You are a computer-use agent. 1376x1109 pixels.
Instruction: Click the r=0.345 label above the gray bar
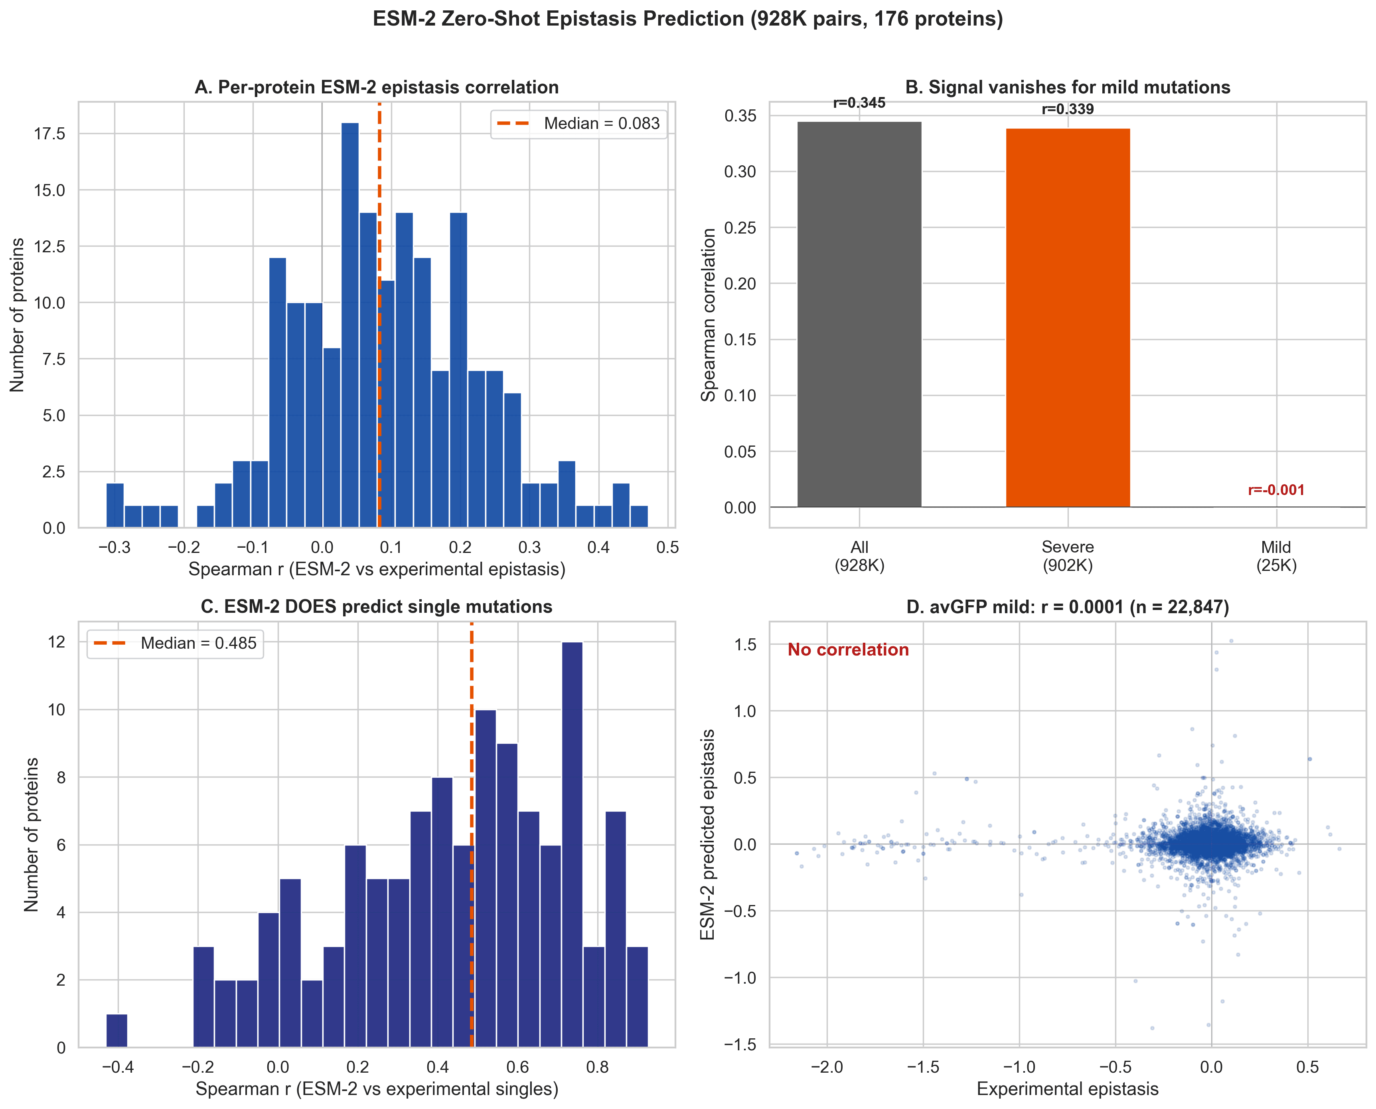859,103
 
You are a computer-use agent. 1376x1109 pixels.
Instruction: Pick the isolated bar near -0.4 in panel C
117,1030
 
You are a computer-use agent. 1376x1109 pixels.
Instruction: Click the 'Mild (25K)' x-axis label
1276,556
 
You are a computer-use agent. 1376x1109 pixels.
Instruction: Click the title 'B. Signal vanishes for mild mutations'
1068,87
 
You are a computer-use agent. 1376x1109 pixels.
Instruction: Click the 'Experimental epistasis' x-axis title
1068,1089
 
